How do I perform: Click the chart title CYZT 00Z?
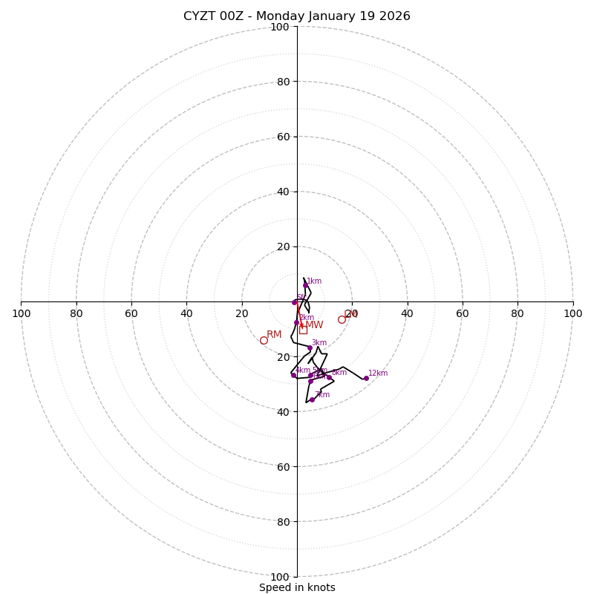point(296,16)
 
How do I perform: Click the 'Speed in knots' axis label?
point(297,587)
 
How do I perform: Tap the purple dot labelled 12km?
point(366,378)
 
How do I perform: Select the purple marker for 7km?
point(312,399)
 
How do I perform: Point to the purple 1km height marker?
point(305,285)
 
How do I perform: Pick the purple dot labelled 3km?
point(310,347)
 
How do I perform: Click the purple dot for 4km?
point(293,375)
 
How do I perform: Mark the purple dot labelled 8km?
point(329,377)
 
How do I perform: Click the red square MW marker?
point(303,330)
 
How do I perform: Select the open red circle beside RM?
point(264,340)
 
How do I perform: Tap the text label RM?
point(274,335)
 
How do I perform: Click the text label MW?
point(315,325)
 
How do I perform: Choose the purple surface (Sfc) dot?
point(294,302)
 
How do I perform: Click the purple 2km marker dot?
point(296,322)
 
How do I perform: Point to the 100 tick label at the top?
point(280,27)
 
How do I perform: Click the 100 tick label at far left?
point(21,313)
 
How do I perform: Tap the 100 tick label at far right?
point(572,313)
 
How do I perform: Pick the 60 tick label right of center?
point(463,313)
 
